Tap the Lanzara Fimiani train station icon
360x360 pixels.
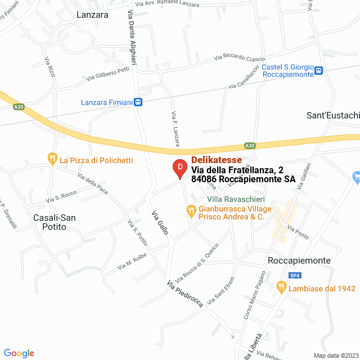point(138,102)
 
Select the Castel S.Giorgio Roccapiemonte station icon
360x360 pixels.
point(319,70)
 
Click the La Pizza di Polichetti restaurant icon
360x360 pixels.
point(52,160)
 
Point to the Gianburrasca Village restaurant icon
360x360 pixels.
point(191,210)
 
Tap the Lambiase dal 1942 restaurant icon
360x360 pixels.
point(281,288)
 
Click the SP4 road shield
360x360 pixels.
point(295,275)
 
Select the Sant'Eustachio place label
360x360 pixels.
point(332,115)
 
